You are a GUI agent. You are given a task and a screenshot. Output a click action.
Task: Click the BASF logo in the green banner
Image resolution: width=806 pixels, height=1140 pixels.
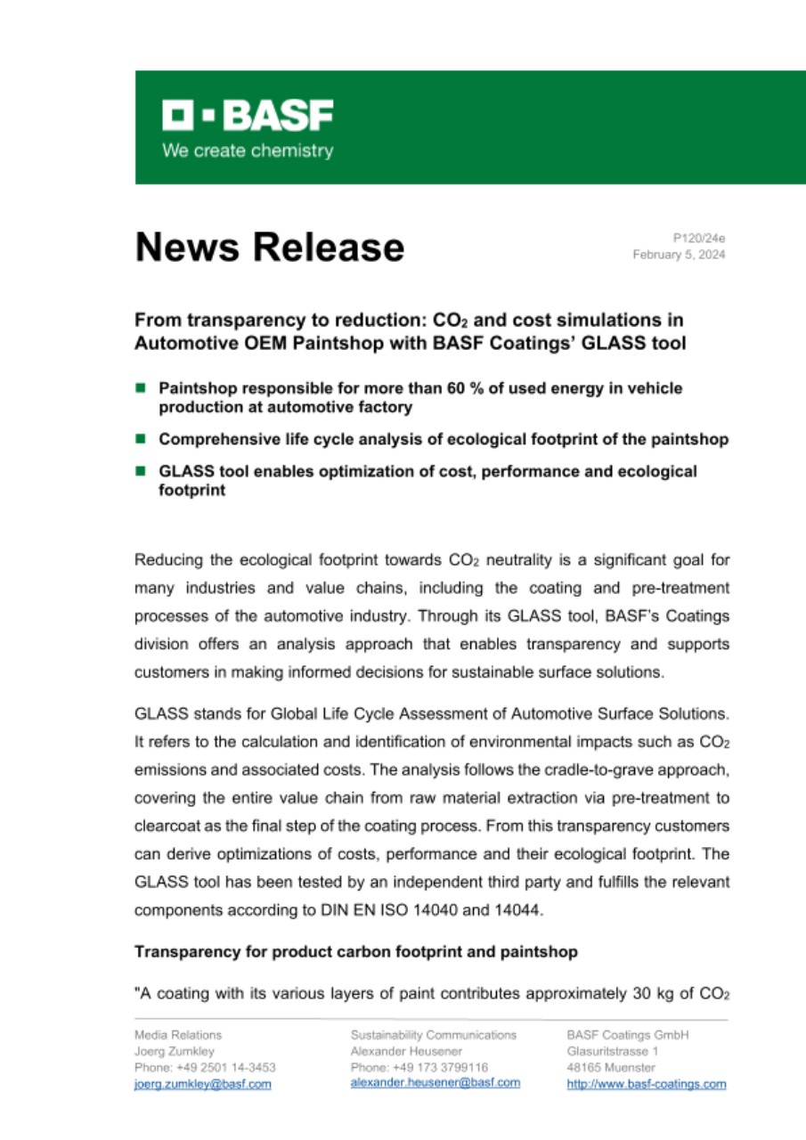click(x=247, y=115)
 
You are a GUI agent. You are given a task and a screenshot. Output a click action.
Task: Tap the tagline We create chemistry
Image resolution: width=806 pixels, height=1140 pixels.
click(x=247, y=151)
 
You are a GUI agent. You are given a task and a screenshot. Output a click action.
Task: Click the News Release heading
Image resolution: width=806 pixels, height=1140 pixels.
click(x=269, y=247)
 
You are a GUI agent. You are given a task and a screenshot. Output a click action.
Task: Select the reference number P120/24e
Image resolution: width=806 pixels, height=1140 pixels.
click(x=700, y=239)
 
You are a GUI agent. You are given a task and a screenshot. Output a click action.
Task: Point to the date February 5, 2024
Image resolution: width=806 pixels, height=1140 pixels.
click(x=679, y=255)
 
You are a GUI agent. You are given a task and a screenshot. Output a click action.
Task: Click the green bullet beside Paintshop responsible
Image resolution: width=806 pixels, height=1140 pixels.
click(x=140, y=388)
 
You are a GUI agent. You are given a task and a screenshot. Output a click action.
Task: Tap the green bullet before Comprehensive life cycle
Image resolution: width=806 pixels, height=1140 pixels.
click(x=140, y=439)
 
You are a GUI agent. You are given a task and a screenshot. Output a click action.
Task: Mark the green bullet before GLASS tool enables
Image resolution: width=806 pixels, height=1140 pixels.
click(x=140, y=471)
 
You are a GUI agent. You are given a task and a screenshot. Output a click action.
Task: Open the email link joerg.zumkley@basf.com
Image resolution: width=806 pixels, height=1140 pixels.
click(x=202, y=1084)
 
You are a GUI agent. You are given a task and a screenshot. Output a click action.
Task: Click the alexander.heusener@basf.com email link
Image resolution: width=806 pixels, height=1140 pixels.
click(x=435, y=1082)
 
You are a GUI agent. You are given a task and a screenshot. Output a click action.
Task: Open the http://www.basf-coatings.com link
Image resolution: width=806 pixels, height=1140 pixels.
click(x=646, y=1084)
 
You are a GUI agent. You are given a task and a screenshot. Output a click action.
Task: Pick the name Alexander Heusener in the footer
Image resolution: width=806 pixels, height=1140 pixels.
click(x=406, y=1051)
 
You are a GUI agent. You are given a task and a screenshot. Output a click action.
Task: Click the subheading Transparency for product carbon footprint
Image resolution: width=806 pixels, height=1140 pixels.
click(x=355, y=952)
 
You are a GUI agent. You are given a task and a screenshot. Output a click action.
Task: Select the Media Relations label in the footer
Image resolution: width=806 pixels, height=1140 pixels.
click(x=177, y=1035)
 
